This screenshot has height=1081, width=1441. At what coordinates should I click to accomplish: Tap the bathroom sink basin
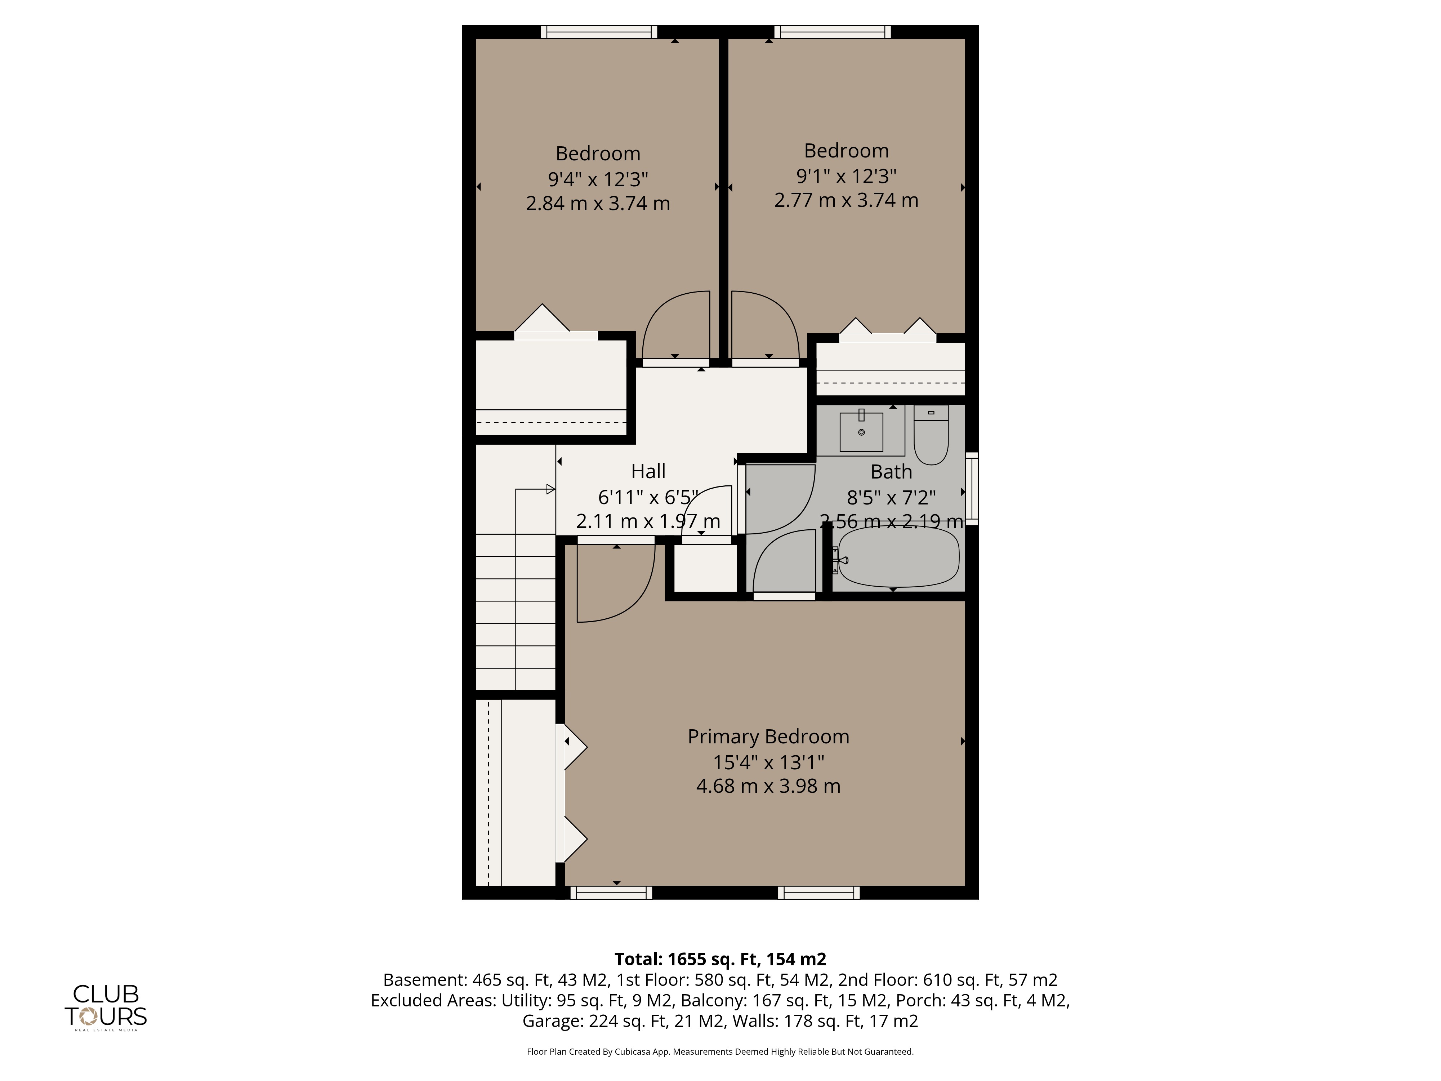861,431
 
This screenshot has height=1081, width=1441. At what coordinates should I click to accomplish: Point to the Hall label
648,471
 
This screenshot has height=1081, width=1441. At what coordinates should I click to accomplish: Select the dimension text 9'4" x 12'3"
598,178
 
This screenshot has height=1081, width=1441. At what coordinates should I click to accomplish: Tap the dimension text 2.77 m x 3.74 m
846,200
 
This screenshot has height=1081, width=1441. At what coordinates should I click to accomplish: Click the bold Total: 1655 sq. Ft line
720,959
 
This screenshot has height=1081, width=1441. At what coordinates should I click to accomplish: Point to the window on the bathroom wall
971,488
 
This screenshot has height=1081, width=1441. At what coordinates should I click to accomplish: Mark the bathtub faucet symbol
840,560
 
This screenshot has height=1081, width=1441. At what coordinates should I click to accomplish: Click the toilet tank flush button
931,413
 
